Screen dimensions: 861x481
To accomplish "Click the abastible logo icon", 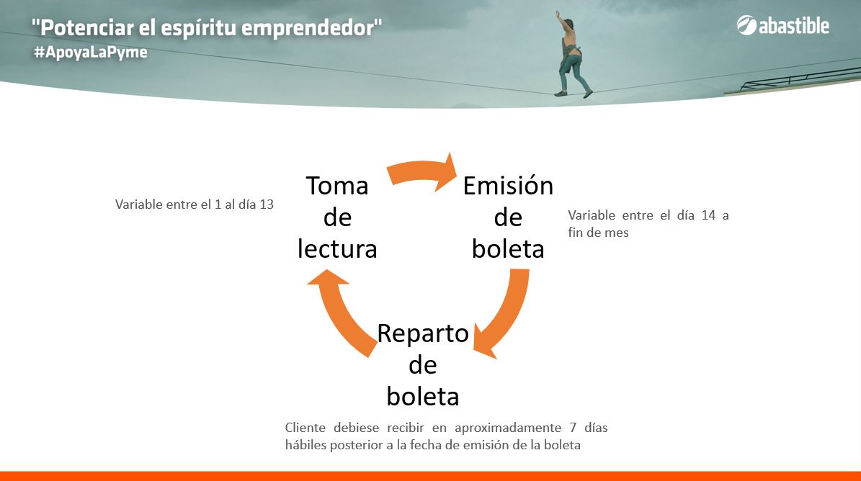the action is click(746, 25).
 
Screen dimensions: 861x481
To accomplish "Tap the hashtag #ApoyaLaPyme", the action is click(91, 53).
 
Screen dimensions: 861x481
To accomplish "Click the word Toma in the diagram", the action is click(337, 185).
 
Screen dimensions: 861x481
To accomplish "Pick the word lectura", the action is click(337, 249).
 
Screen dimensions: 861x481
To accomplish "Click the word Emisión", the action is click(508, 185).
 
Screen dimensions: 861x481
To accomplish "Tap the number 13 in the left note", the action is click(267, 204).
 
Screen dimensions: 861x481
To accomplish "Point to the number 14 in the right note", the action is click(708, 215).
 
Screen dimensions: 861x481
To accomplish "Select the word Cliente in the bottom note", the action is click(305, 427).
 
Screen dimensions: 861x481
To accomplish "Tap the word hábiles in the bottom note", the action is click(305, 444).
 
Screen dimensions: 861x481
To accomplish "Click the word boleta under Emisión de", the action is click(508, 249).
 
